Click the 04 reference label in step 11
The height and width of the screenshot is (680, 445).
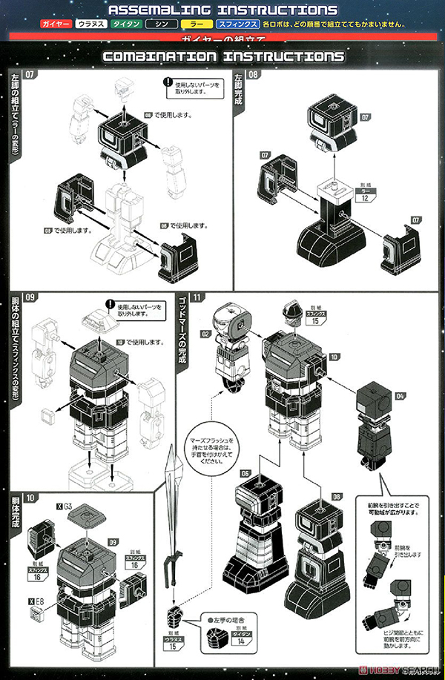400,397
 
